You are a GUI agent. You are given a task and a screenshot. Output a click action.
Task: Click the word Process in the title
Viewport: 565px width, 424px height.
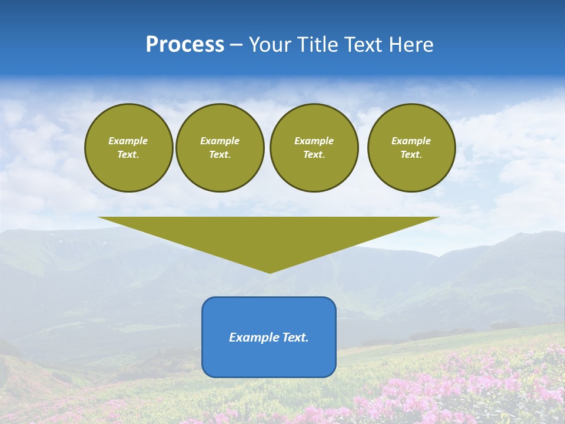pos(185,45)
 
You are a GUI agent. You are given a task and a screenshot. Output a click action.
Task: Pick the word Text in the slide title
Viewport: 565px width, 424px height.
pos(365,45)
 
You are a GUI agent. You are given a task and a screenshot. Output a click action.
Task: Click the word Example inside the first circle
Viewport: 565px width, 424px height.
pos(128,141)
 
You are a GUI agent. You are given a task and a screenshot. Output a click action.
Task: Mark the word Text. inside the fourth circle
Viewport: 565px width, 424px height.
pos(411,154)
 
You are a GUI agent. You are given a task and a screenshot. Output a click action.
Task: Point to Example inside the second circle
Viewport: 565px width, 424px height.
pos(220,141)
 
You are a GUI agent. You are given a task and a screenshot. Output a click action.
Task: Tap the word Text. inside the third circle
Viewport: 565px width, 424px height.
pos(314,154)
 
